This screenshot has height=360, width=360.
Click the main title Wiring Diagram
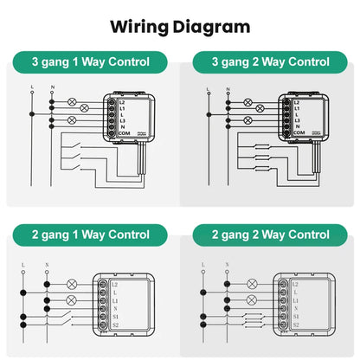point(180,26)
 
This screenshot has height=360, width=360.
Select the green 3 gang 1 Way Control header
point(90,62)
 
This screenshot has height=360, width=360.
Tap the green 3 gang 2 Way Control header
point(270,62)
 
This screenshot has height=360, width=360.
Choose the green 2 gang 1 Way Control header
point(90,235)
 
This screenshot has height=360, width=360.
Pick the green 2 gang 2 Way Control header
point(270,235)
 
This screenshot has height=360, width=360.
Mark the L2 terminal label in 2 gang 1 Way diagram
point(114,284)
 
